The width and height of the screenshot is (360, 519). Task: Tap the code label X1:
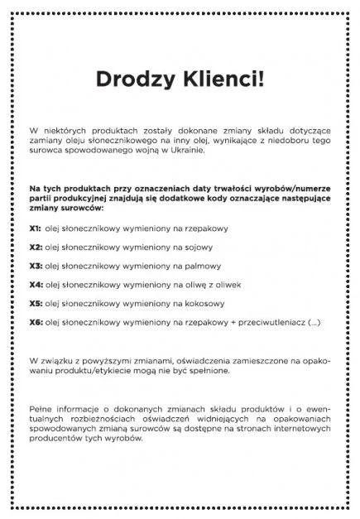point(35,228)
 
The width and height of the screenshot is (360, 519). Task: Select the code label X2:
point(36,247)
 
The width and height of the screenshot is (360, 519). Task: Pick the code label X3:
point(36,266)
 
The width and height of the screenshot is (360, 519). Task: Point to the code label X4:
point(36,284)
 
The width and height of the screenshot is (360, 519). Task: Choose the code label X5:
point(36,303)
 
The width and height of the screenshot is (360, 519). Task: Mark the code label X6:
point(36,321)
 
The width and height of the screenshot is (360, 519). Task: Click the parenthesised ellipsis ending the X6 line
point(313,321)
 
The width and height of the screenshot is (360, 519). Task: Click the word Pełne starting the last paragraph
point(41,408)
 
